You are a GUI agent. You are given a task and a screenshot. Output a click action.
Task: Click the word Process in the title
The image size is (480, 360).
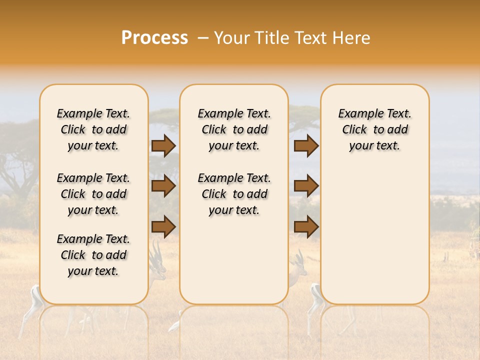pos(154,38)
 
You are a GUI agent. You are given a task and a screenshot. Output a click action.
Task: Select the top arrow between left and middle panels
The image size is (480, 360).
pos(163,146)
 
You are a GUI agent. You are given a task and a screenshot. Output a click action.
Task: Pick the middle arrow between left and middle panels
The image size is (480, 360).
pos(163,186)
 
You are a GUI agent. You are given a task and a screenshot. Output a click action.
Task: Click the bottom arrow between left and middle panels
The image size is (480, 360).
pos(163,226)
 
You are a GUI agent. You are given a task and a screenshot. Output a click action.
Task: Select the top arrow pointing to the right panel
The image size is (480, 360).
pos(306,146)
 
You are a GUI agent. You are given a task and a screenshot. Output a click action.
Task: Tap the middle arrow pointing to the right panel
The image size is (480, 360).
pos(306,186)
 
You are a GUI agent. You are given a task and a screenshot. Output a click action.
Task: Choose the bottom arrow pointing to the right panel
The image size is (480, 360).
pos(306,226)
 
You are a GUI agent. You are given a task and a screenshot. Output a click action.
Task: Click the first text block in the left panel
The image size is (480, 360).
pos(93,129)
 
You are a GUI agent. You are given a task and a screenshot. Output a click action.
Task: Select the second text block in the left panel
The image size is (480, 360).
pos(93,194)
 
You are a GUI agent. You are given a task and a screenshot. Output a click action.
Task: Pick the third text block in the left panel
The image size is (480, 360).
pos(93,255)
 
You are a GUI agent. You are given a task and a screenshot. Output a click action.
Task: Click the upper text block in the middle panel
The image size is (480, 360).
pos(234,129)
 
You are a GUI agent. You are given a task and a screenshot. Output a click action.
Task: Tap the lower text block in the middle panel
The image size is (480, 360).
pos(234,194)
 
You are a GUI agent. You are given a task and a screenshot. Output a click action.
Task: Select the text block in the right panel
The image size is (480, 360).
pos(374,129)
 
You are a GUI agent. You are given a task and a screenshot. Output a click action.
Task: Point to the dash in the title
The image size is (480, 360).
pos(202,38)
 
